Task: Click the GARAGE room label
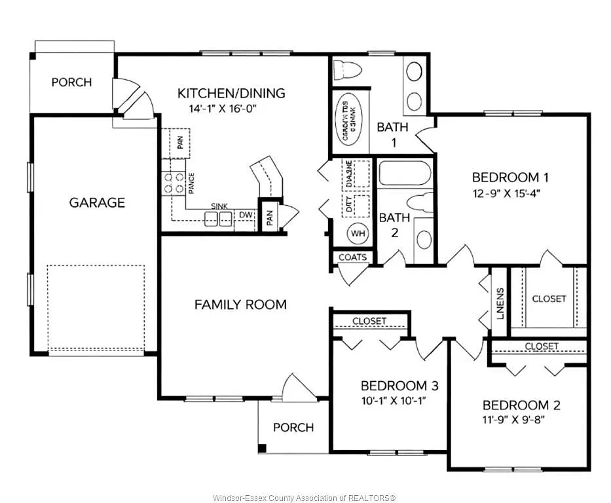[97, 202]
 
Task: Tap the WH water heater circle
[358, 233]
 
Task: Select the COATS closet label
[352, 257]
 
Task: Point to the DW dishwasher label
[246, 214]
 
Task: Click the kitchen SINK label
[219, 206]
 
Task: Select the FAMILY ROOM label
[240, 305]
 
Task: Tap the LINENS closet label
[500, 303]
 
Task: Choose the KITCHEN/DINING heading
[232, 93]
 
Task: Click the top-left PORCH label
[71, 83]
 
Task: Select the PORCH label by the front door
[293, 428]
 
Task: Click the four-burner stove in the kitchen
[174, 183]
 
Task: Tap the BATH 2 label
[394, 225]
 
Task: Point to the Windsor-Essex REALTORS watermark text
[305, 498]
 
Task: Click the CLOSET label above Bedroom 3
[369, 321]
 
